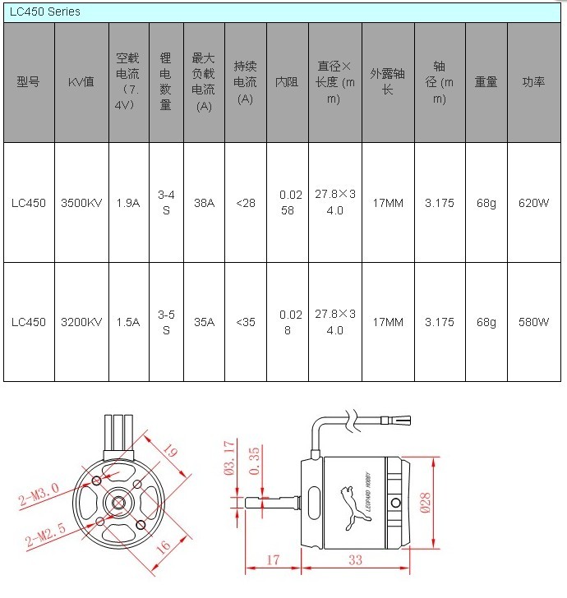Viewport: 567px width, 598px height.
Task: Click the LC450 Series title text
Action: [45, 11]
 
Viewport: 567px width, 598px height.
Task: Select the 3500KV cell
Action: [81, 203]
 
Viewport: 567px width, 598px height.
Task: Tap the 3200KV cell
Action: [81, 322]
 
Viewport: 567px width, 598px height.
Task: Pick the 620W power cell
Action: [533, 203]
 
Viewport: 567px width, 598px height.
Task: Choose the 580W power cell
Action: [533, 322]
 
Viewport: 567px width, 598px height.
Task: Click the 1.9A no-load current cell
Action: [128, 203]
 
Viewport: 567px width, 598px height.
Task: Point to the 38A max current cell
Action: [204, 203]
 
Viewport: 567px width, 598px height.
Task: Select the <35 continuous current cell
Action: [246, 322]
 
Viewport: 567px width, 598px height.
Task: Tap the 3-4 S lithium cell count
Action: [166, 203]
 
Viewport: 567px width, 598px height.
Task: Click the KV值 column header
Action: [81, 81]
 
